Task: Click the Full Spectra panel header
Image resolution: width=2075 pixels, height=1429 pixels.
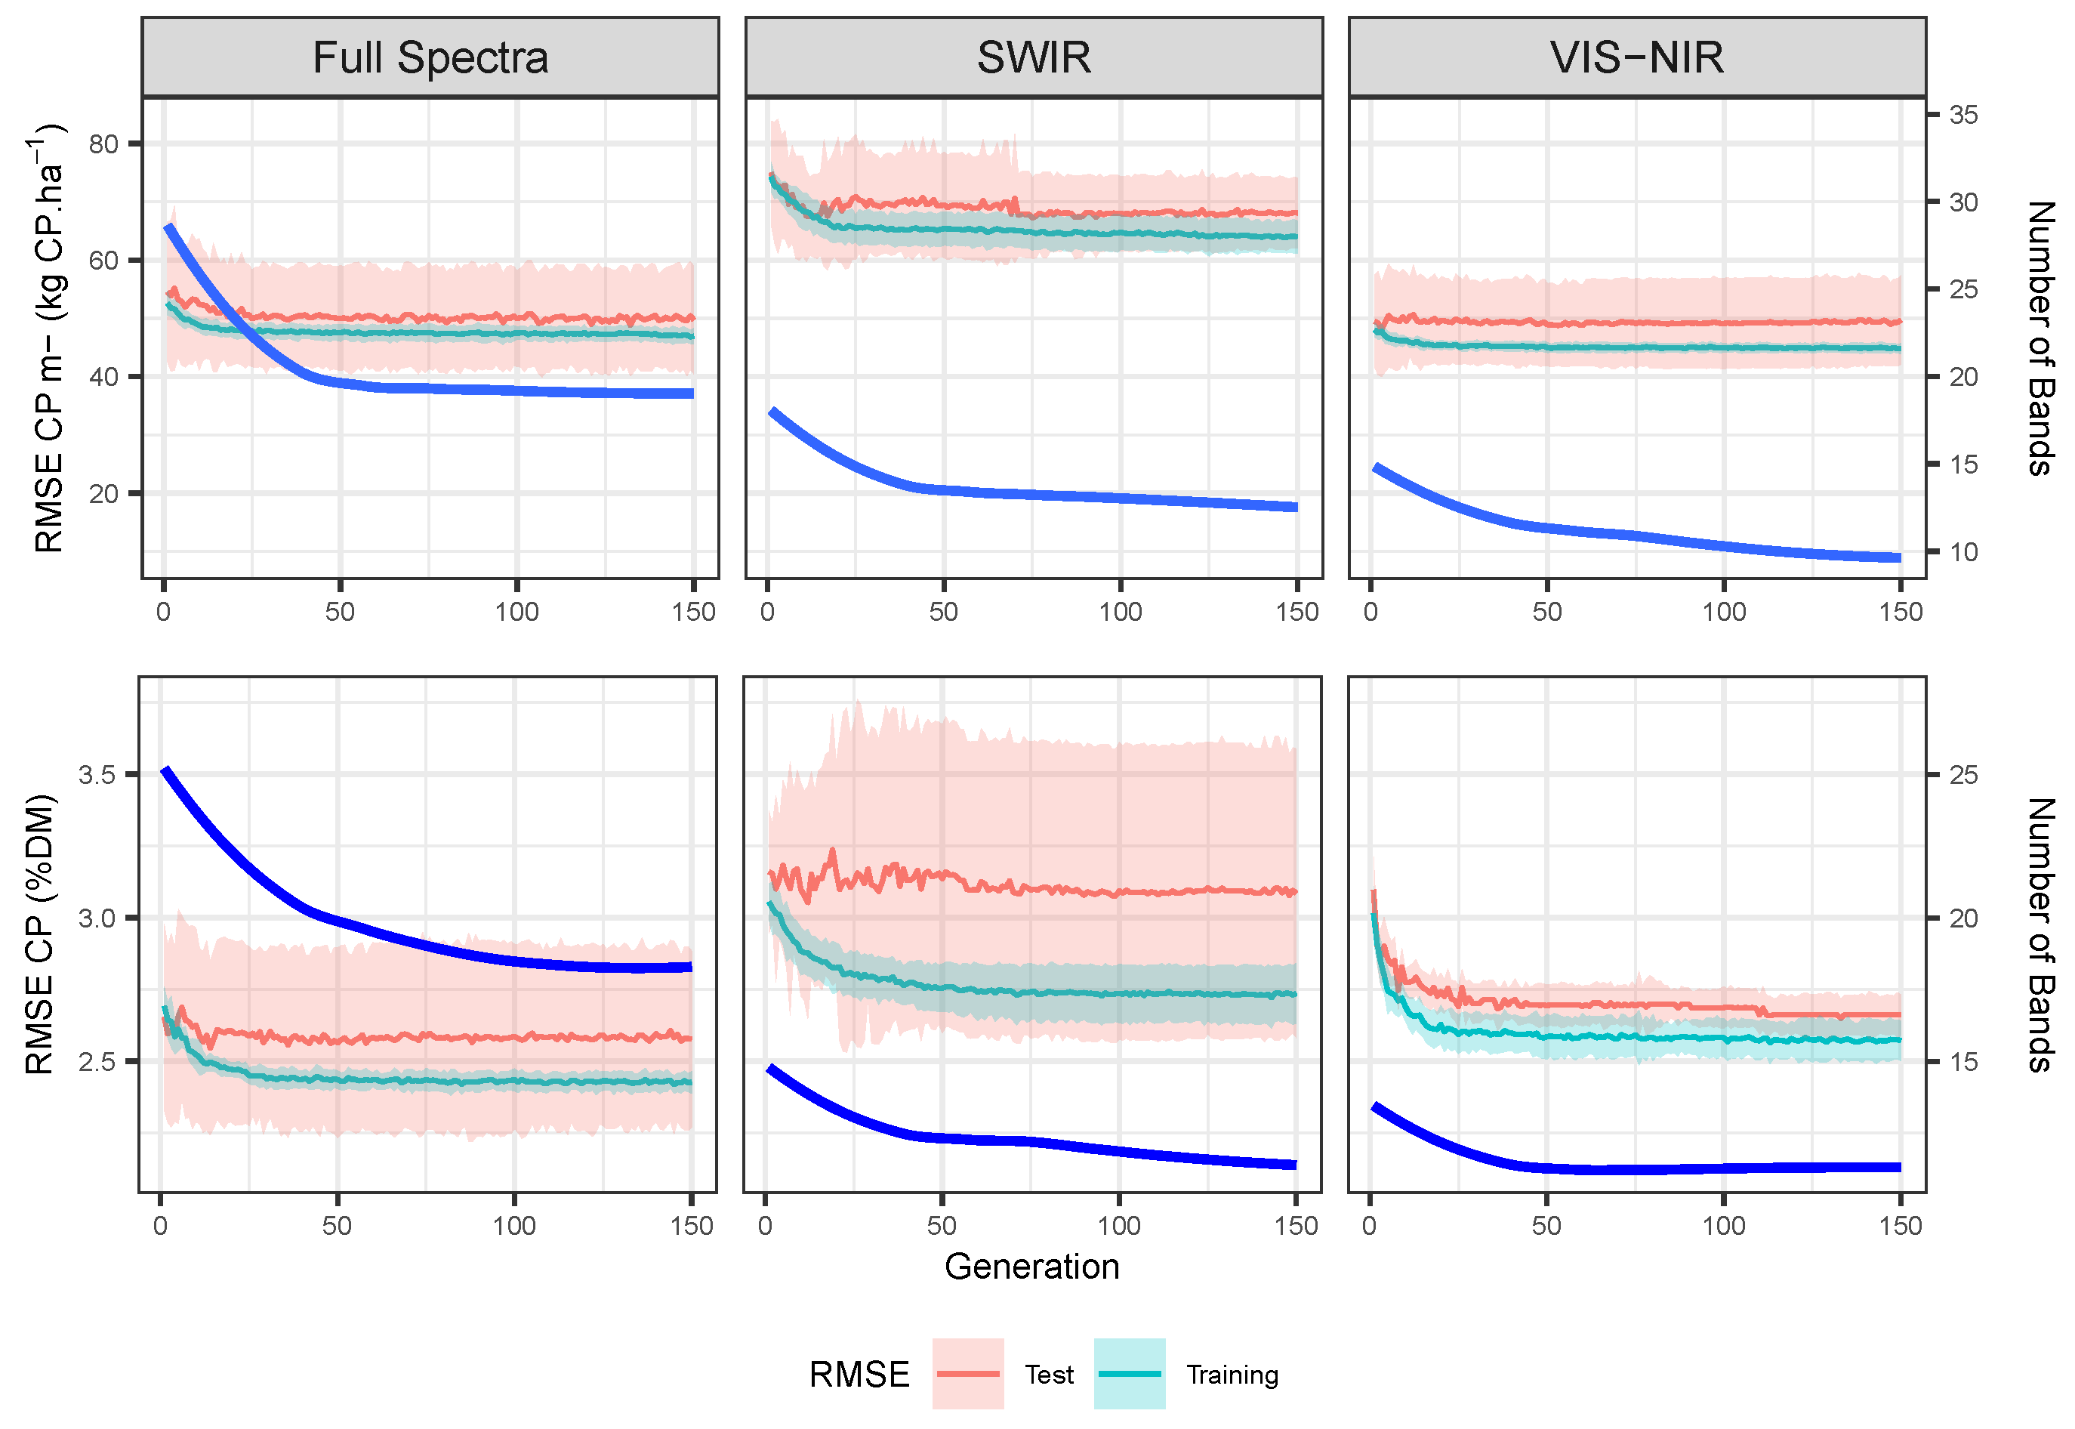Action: (x=430, y=57)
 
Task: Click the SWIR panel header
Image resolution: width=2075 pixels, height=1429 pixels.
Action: (x=1033, y=57)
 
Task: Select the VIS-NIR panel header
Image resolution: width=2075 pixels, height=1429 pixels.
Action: (x=1636, y=57)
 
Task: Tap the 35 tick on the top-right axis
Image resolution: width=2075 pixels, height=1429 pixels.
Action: (x=1963, y=115)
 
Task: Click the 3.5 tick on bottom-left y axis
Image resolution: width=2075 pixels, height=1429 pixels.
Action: (x=97, y=774)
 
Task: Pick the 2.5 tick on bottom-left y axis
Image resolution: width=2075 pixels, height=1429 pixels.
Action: (x=97, y=1062)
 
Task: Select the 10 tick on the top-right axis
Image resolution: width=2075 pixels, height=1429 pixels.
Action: (x=1963, y=552)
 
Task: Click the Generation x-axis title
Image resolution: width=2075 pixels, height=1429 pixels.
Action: (x=1031, y=1267)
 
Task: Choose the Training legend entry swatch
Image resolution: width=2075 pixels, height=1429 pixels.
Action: (x=1129, y=1374)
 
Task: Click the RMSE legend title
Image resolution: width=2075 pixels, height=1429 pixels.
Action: (x=859, y=1375)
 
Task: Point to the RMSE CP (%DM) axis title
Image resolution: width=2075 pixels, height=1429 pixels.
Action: (x=39, y=934)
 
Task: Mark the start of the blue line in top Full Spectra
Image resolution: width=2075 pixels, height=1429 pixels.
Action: (x=168, y=227)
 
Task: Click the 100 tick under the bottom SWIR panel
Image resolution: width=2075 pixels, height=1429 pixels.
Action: (x=1119, y=1226)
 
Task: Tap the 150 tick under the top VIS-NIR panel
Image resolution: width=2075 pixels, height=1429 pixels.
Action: (x=1901, y=613)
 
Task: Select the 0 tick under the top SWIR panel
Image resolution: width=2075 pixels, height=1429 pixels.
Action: (x=767, y=613)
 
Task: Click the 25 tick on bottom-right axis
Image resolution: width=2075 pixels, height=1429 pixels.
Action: (x=1963, y=774)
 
